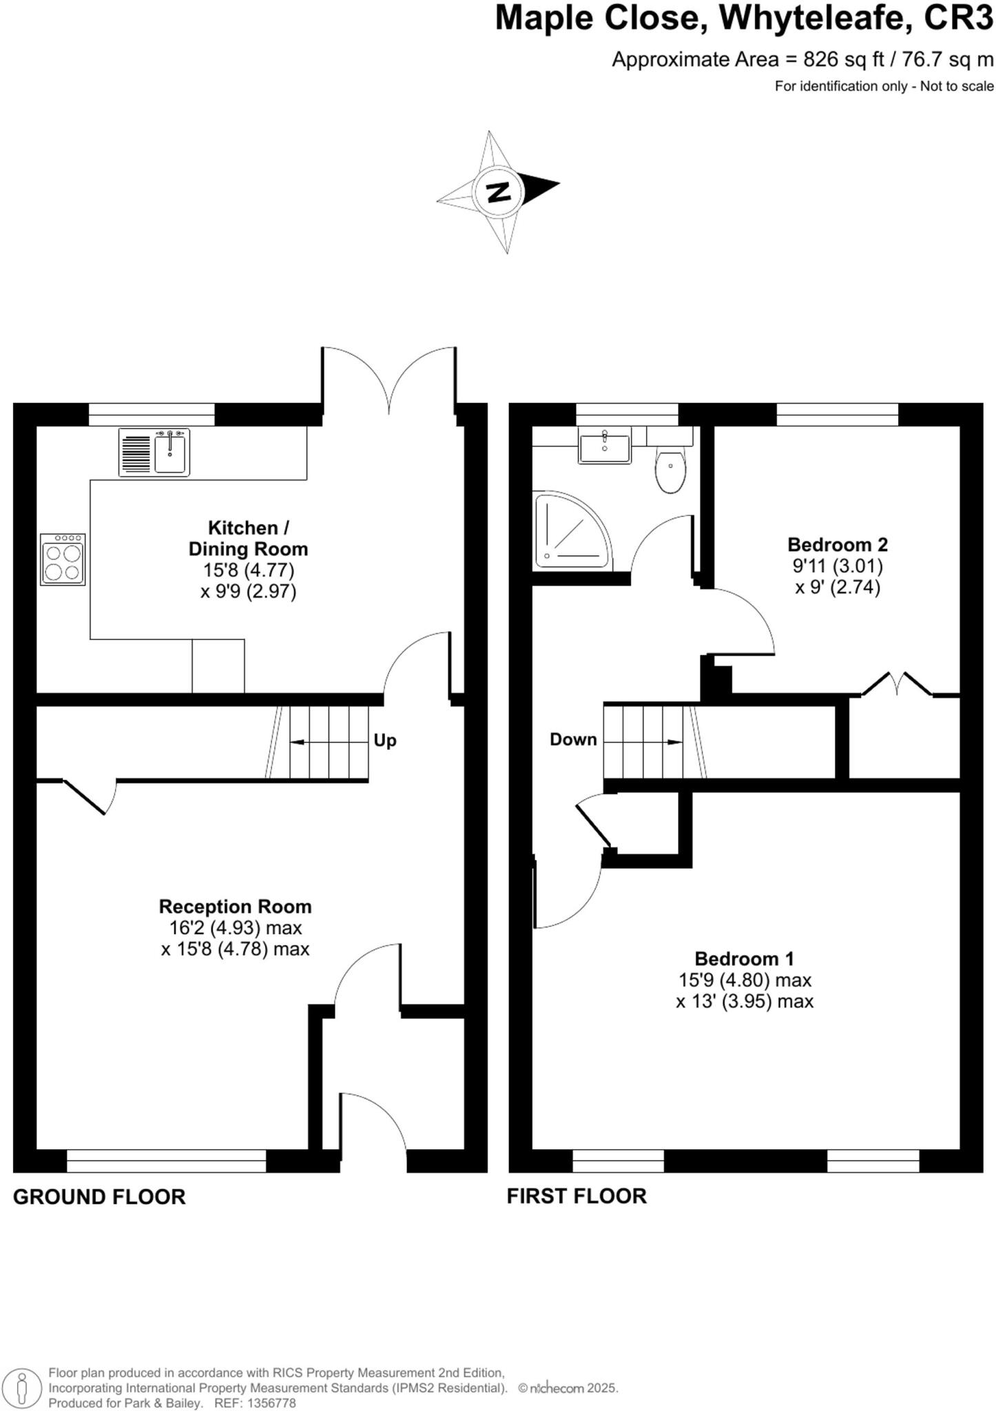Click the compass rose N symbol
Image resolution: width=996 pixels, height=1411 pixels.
[x=497, y=191]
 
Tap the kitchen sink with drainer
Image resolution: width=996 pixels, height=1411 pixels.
[x=154, y=452]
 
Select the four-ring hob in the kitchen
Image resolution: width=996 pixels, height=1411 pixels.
[x=63, y=559]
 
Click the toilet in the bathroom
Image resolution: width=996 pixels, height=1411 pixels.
[x=670, y=470]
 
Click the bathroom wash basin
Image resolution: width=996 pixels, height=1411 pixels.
[x=604, y=445]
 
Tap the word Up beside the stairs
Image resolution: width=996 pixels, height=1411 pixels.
[x=385, y=741]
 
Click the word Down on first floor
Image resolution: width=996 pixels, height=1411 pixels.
[x=573, y=740]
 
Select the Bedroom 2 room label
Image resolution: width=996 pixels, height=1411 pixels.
[x=838, y=545]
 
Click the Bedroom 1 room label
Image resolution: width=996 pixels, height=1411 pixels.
[x=744, y=959]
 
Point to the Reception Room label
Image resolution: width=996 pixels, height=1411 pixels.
[x=235, y=907]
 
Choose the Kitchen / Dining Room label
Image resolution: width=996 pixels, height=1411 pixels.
[x=248, y=539]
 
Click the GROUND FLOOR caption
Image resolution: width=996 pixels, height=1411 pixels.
[x=99, y=1197]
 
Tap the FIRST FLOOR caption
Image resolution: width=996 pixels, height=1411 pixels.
[x=577, y=1197]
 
